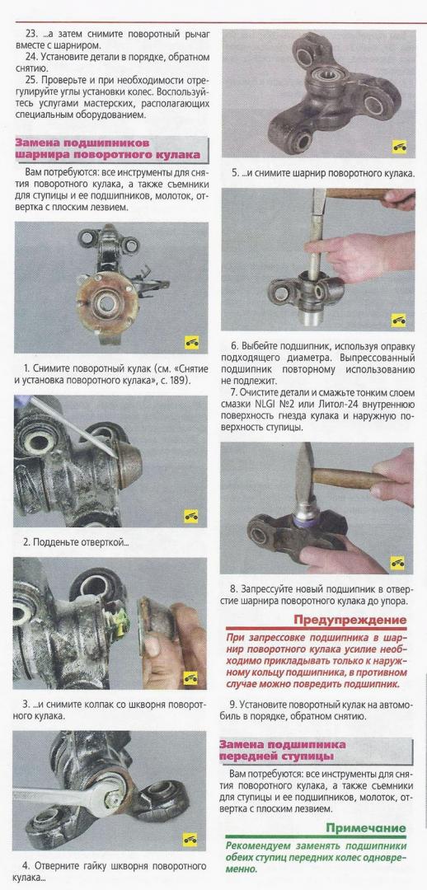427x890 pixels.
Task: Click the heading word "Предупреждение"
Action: point(350,619)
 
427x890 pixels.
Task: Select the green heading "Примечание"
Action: point(366,827)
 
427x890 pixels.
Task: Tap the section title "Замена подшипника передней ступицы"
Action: point(283,750)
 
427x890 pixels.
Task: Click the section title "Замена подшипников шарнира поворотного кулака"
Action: point(108,148)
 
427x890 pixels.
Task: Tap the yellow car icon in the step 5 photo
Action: point(399,147)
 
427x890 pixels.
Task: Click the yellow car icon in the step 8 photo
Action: point(397,563)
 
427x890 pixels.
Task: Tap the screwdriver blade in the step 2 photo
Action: point(74,426)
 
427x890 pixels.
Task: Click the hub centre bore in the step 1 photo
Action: point(107,303)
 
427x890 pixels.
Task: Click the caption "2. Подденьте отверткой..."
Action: point(76,541)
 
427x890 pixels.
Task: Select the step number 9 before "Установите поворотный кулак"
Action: point(232,704)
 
